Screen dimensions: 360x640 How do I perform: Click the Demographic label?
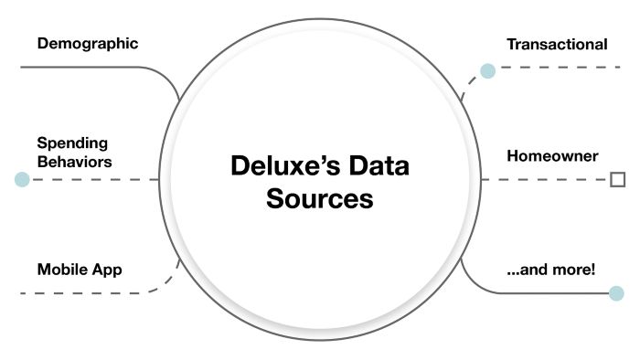[87, 43]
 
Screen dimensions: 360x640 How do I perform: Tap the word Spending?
[72, 143]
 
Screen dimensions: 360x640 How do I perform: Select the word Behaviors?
[74, 163]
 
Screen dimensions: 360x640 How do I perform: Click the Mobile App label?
[79, 270]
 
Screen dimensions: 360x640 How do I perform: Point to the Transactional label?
[557, 44]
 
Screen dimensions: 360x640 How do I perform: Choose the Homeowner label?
[552, 156]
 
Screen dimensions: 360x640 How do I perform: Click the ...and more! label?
[550, 270]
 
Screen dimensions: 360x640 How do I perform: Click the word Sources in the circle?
[320, 198]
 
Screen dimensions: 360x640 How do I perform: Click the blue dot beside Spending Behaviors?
[22, 180]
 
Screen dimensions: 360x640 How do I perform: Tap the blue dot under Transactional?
[487, 70]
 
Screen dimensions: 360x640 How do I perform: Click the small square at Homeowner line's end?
[617, 179]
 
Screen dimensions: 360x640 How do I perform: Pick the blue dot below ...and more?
[616, 293]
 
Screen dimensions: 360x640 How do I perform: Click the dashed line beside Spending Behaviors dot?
[91, 180]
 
